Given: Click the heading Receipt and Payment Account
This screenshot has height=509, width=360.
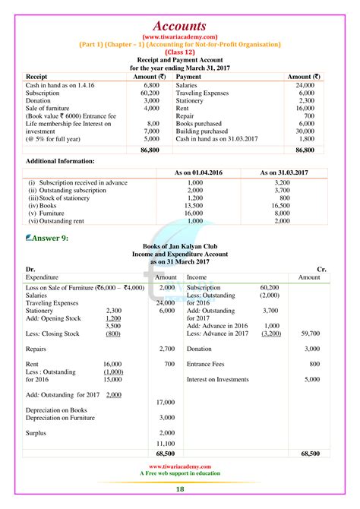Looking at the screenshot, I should (179, 58).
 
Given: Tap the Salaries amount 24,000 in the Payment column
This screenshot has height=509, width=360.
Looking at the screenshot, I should (304, 86).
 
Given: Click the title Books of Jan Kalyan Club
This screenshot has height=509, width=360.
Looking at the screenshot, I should (179, 248).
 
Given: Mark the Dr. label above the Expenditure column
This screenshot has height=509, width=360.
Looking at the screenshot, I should (30, 269).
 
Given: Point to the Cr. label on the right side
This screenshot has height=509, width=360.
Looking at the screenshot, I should (324, 269).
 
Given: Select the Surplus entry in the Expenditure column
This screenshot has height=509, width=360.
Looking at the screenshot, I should (36, 432).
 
